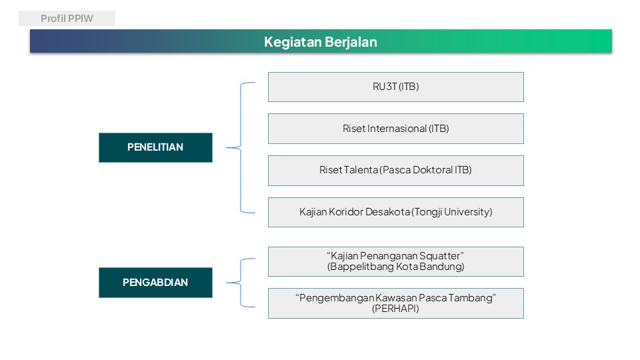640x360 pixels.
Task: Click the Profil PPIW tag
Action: (x=67, y=19)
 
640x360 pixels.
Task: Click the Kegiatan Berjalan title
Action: (x=321, y=41)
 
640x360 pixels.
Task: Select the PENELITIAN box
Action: (x=155, y=147)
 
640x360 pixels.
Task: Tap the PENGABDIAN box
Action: (x=155, y=283)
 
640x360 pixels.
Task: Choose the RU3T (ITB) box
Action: (x=396, y=87)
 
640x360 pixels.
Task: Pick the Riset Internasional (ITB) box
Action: (x=396, y=129)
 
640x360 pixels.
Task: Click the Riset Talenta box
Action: (x=396, y=171)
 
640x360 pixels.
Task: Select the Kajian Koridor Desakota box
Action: (x=396, y=212)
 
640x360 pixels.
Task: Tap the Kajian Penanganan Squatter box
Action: (x=396, y=261)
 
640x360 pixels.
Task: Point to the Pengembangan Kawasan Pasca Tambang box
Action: (x=396, y=303)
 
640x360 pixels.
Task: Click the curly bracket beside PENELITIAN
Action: (x=241, y=148)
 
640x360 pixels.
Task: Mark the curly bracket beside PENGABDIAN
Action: (x=241, y=283)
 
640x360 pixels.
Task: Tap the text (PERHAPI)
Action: (x=395, y=309)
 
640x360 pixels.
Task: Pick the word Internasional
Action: (x=397, y=129)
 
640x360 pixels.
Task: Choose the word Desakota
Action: (x=388, y=212)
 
